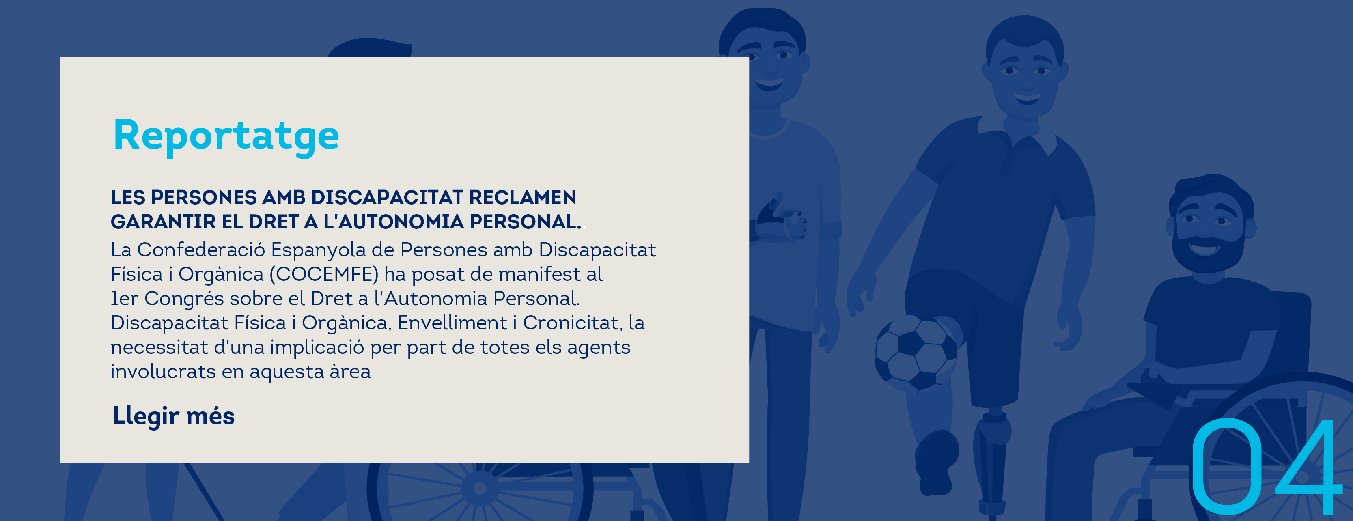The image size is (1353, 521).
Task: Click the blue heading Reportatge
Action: click(226, 136)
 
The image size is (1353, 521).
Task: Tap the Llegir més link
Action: click(173, 416)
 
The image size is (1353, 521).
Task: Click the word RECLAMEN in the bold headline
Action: click(523, 198)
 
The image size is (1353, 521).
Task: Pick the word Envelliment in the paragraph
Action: click(452, 323)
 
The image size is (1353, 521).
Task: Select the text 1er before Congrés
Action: click(125, 298)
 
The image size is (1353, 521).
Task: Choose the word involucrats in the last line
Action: click(163, 371)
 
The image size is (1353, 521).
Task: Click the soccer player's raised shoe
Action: click(937, 462)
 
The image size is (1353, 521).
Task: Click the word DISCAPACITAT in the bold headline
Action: click(387, 198)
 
